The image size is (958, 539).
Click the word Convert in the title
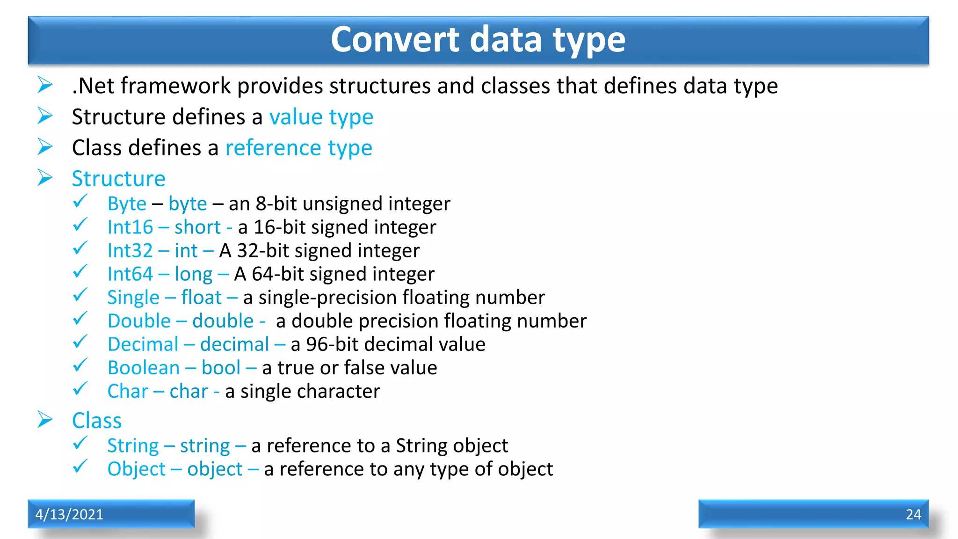point(395,39)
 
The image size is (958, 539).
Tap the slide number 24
point(913,514)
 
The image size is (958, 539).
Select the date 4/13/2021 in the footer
point(69,514)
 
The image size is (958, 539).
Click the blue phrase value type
point(321,117)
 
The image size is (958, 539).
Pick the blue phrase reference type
point(298,148)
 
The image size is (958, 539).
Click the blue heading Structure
point(119,179)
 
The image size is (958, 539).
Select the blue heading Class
point(97,421)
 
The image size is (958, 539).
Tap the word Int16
point(130,227)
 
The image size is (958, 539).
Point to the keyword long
point(193,275)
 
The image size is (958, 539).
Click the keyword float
point(201,298)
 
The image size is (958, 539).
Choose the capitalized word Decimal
point(143,344)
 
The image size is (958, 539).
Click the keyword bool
point(221,368)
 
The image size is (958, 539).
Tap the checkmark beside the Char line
point(80,389)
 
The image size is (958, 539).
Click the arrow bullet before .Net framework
point(45,85)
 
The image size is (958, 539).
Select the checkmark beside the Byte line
point(80,201)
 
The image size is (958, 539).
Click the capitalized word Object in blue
point(136,469)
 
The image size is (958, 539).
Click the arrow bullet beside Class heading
point(45,420)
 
